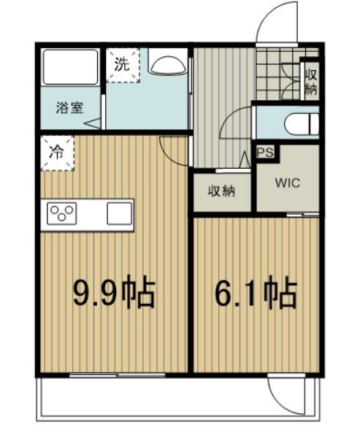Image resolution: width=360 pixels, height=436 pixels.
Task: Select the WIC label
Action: tap(287, 183)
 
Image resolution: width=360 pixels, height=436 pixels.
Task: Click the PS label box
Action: tap(264, 153)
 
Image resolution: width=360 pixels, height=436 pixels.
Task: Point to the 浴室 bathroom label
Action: tap(70, 107)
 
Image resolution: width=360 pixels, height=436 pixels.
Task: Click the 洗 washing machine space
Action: tap(123, 64)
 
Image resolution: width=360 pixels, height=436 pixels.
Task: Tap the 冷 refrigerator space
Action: tap(57, 153)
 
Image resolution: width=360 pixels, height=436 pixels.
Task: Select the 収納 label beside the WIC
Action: tap(222, 191)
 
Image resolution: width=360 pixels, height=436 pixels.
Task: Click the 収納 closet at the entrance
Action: tap(311, 81)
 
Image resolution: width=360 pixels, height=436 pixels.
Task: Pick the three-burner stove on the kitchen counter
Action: tap(62, 213)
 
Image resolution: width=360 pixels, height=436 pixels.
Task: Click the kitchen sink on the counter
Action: tap(119, 213)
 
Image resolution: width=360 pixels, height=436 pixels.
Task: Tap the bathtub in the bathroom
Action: tap(71, 66)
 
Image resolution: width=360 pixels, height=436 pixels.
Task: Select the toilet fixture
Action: tap(301, 125)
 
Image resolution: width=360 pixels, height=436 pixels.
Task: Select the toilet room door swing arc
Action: tap(236, 122)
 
